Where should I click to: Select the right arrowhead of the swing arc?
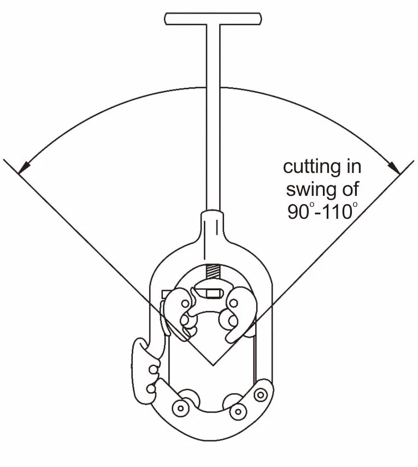395,167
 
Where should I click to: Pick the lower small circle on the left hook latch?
151,389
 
